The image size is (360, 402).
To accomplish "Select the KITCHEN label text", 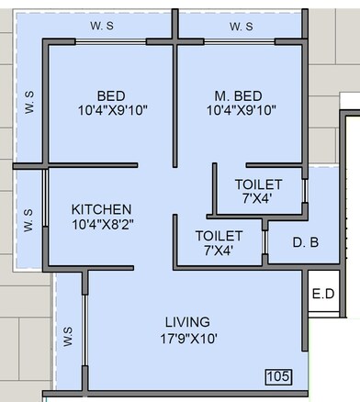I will (102, 208).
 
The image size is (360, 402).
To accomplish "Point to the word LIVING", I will (187, 321).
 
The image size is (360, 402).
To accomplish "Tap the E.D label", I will (322, 295).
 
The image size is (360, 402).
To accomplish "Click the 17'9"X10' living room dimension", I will (187, 337).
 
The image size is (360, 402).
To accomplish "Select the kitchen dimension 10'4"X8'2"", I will (102, 223).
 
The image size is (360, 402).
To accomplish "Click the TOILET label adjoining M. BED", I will (252, 183).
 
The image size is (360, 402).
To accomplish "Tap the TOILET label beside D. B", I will (219, 236).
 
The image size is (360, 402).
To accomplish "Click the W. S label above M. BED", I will (241, 27).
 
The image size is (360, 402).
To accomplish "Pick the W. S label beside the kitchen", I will (28, 220).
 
